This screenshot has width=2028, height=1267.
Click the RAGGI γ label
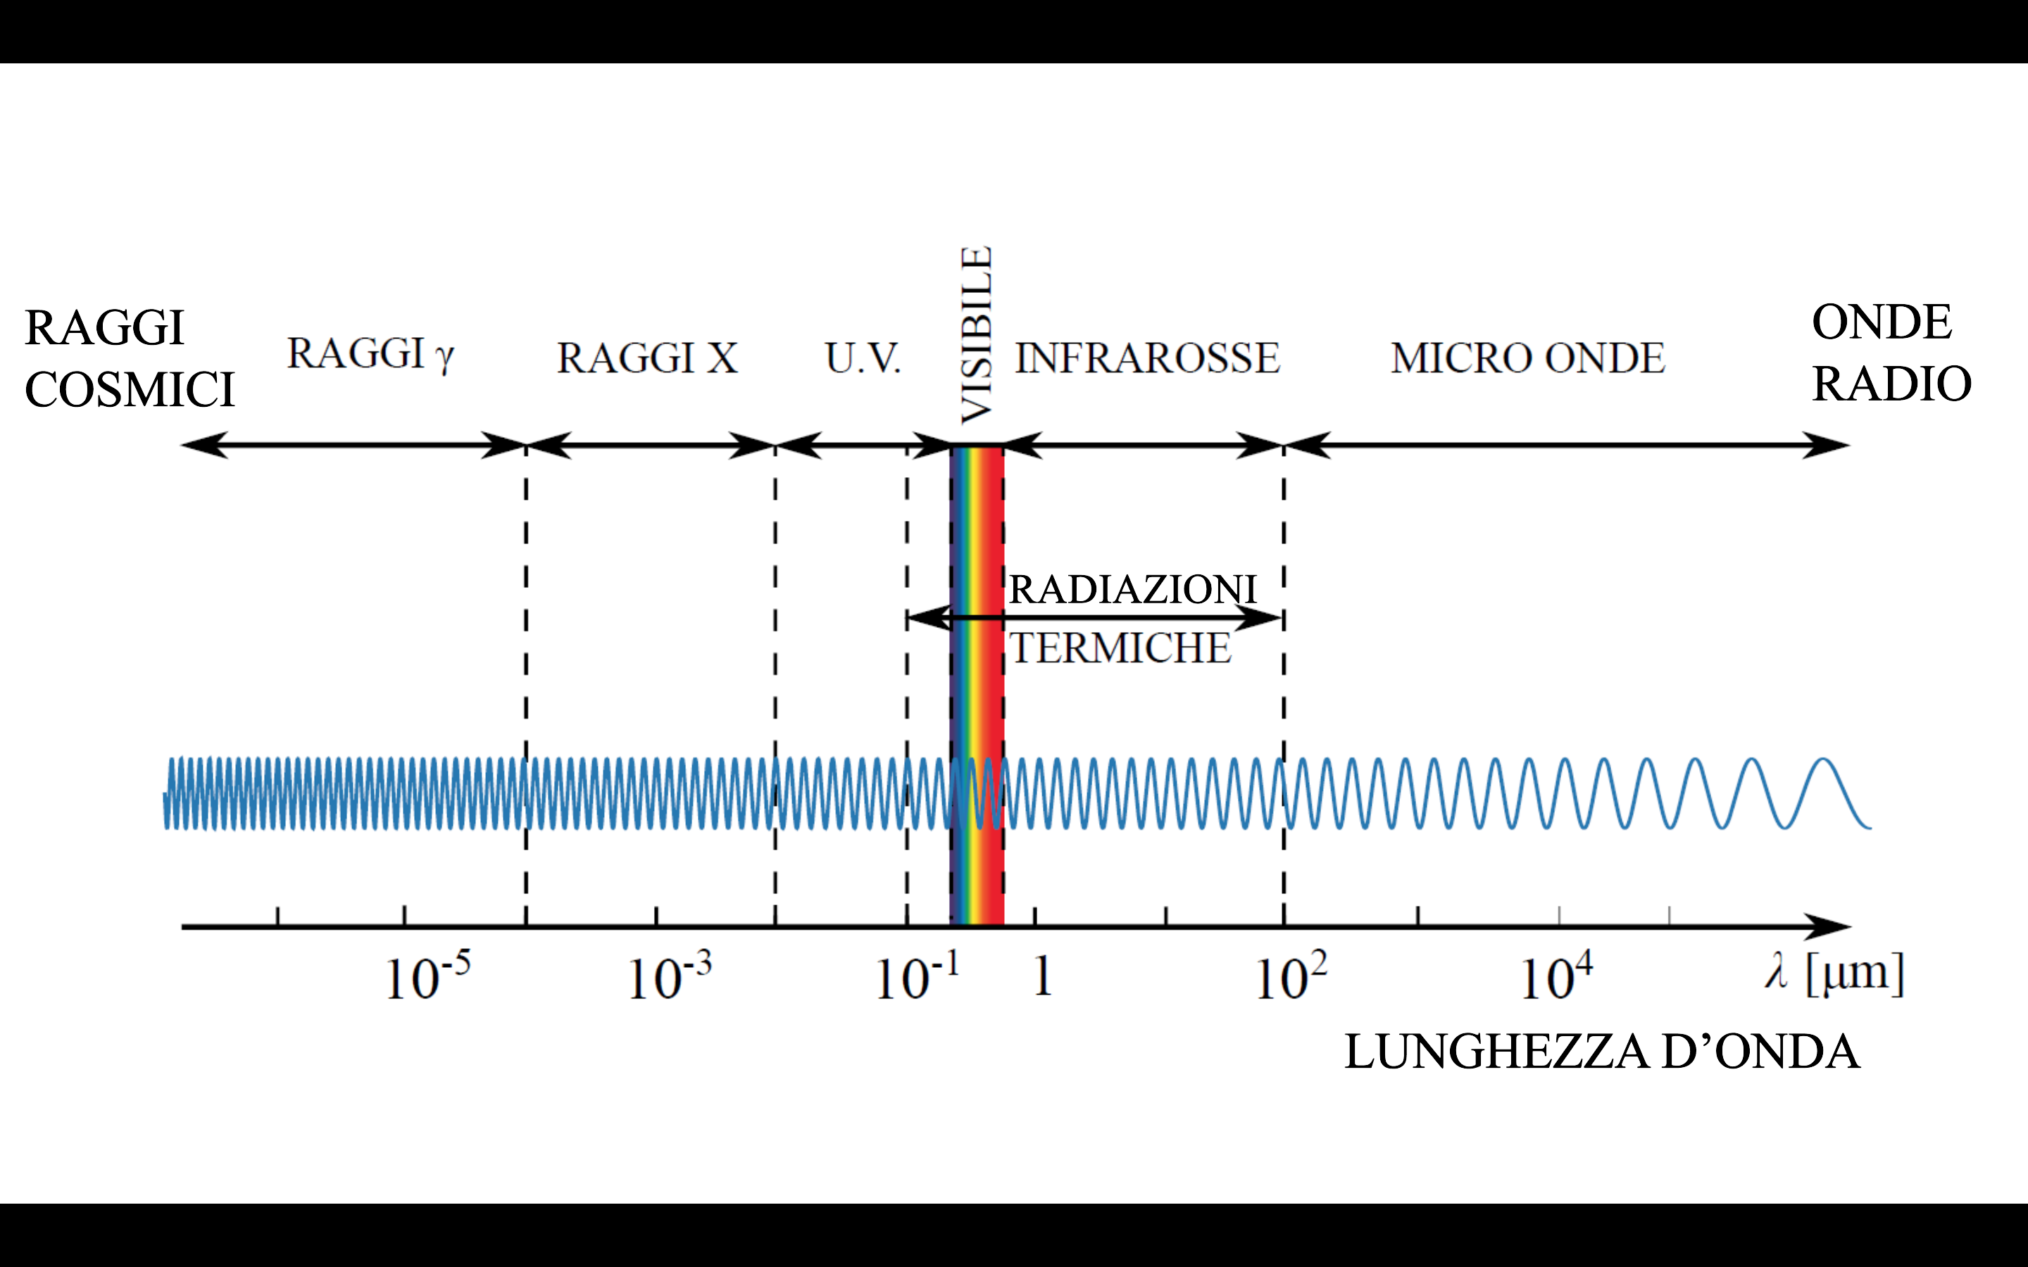click(x=370, y=355)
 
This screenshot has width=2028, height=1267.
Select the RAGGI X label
click(x=647, y=359)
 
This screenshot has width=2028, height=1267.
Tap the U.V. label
click(x=863, y=359)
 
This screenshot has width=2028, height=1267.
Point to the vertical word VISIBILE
click(x=976, y=335)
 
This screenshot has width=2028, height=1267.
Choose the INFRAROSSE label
click(x=1146, y=359)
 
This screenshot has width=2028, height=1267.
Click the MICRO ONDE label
click(x=1527, y=359)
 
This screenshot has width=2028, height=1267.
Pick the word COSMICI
click(x=130, y=391)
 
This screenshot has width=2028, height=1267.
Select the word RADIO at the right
click(x=1891, y=384)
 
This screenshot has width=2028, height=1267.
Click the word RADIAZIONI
click(x=1132, y=589)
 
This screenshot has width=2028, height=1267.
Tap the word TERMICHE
click(x=1120, y=648)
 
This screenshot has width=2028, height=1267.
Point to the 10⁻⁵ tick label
click(x=427, y=977)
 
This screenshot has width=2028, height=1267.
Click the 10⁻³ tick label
click(x=669, y=977)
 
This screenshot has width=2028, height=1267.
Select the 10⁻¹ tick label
click(x=916, y=977)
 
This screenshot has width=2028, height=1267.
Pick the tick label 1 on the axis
click(x=1041, y=977)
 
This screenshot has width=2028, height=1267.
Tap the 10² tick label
click(x=1291, y=977)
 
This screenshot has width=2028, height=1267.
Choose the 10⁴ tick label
click(x=1556, y=977)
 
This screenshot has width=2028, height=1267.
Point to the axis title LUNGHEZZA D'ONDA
click(x=1601, y=1052)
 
